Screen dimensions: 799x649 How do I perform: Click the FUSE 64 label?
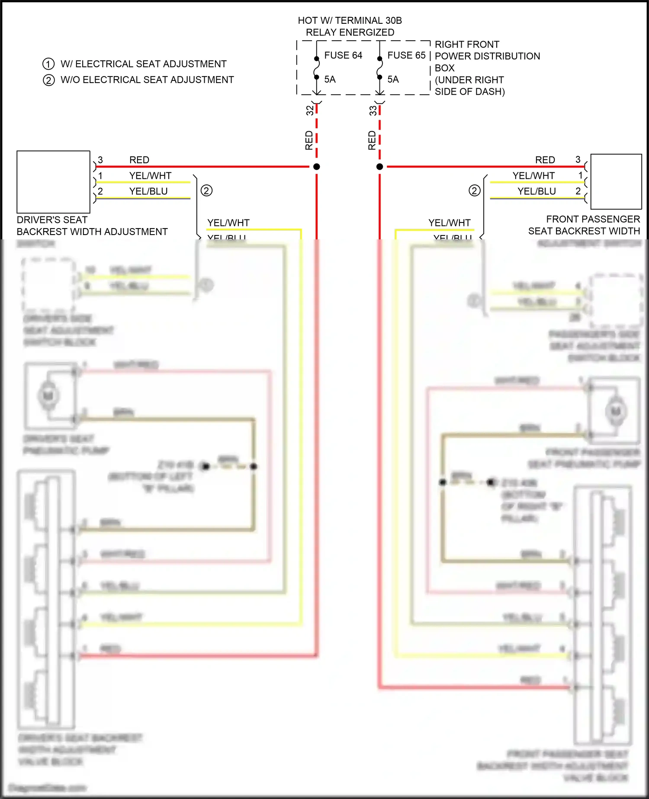[x=343, y=55]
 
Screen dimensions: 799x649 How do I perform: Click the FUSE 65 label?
[x=406, y=55]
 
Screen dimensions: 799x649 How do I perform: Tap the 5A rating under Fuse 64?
[x=330, y=79]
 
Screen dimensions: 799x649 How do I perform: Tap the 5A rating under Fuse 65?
[x=393, y=79]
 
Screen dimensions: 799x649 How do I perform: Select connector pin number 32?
[x=310, y=111]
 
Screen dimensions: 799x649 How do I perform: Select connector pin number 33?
[x=373, y=111]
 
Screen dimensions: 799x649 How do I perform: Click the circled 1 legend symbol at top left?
[x=48, y=64]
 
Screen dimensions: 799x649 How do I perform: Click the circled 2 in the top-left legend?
[x=48, y=80]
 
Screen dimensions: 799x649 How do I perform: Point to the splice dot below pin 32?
[x=317, y=167]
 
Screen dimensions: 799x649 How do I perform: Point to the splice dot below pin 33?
[x=380, y=167]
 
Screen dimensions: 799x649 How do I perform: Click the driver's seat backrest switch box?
[x=53, y=182]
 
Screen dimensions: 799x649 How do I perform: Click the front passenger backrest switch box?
[x=616, y=182]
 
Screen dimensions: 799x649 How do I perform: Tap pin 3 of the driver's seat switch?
[x=100, y=160]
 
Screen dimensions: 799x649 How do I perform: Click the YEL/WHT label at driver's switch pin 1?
[x=150, y=176]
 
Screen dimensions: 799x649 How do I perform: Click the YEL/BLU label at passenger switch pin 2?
[x=537, y=191]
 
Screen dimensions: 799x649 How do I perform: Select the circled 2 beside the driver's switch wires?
[x=206, y=190]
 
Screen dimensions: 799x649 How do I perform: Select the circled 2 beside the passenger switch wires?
[x=475, y=190]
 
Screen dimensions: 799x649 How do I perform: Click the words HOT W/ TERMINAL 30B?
[x=350, y=20]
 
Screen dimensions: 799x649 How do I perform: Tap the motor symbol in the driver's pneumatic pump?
[x=48, y=395]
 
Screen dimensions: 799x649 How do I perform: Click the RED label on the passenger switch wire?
[x=545, y=160]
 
